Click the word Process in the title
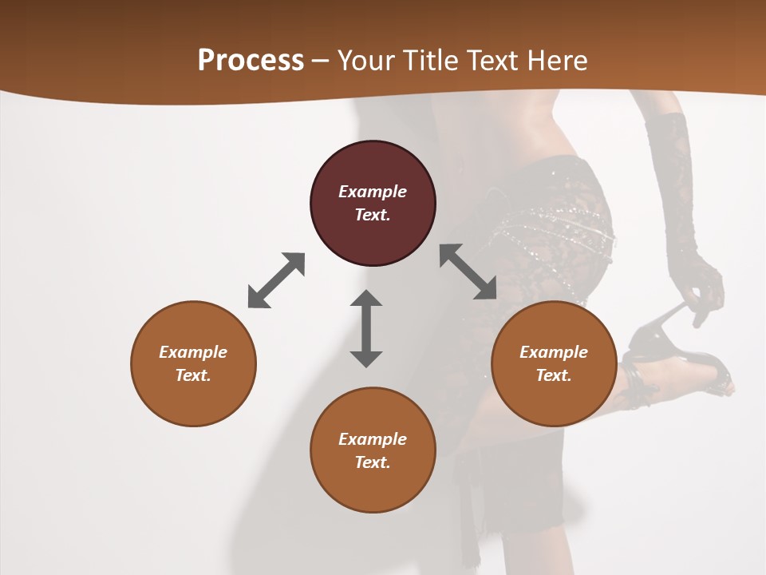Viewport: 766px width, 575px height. tap(251, 61)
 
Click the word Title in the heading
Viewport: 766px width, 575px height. tap(432, 61)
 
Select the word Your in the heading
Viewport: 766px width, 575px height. tap(365, 61)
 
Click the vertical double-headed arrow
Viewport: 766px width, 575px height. tap(366, 328)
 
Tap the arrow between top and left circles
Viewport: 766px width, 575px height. tap(276, 280)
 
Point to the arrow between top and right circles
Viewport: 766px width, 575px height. tap(468, 272)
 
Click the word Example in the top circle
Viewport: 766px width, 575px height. tap(373, 192)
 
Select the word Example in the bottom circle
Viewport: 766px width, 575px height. tap(373, 439)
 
